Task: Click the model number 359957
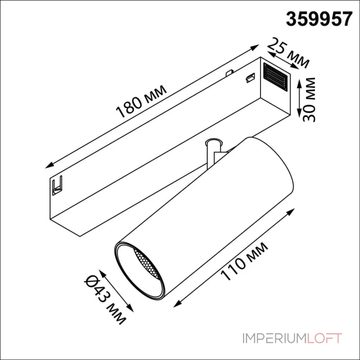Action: tap(319, 19)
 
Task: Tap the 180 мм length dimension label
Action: tap(141, 101)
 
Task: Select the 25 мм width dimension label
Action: tap(288, 53)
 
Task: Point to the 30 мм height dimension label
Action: tap(309, 99)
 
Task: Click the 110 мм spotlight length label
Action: tap(244, 261)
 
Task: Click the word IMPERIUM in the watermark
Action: tap(274, 338)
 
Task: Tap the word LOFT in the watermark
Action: tap(324, 338)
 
